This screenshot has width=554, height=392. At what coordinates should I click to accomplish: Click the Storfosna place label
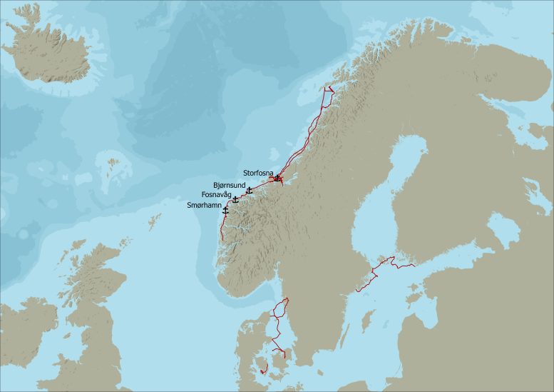coord(257,173)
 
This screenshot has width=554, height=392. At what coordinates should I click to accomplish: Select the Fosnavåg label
coord(216,194)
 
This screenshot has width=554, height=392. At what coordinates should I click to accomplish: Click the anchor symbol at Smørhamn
coord(225,211)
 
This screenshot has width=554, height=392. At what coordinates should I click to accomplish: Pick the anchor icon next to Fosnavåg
coord(235,199)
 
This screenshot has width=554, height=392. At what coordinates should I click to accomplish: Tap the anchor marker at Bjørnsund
coord(249,190)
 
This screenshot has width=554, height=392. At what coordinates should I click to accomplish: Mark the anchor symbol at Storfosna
coord(277,177)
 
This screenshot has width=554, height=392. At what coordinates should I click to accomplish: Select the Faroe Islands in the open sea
coord(111,166)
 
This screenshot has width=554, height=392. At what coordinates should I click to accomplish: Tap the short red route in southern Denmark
coord(264,369)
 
